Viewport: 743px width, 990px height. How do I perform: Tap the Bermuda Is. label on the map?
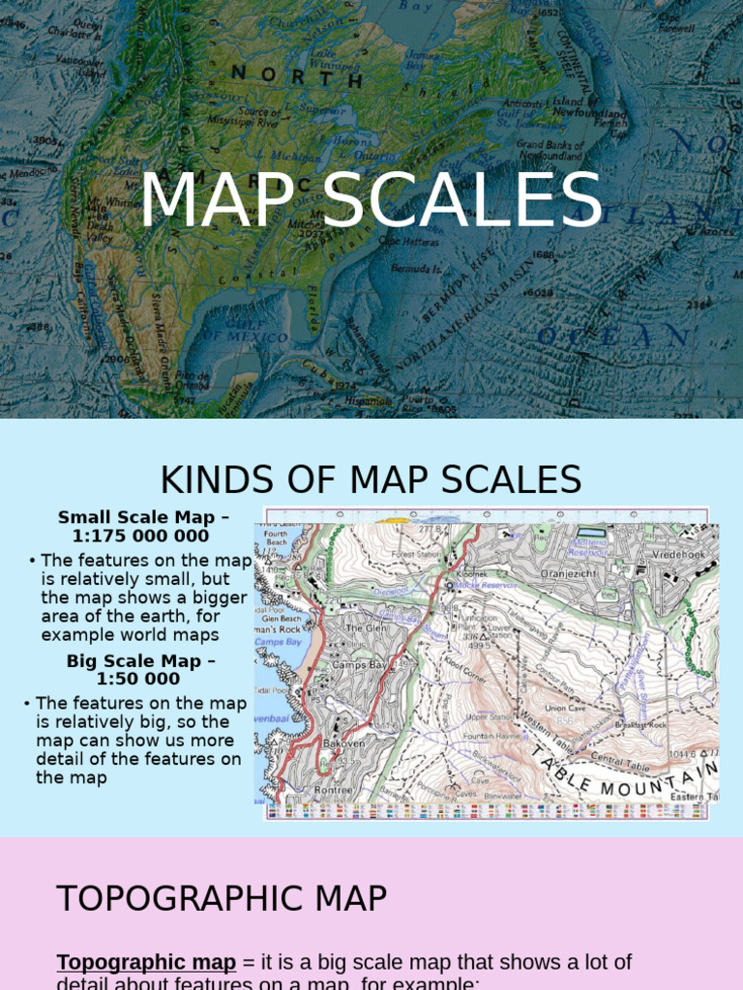coord(417,268)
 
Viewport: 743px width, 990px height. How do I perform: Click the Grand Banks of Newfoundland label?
coord(550,150)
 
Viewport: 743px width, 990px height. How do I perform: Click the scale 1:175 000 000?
coord(140,536)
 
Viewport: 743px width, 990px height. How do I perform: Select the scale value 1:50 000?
coord(140,679)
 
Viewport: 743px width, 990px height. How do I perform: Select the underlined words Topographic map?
coord(146,962)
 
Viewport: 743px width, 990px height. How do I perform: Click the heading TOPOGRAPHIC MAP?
coord(222,899)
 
